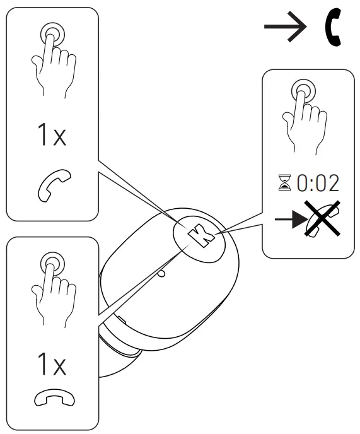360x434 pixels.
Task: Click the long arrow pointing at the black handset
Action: tap(285, 26)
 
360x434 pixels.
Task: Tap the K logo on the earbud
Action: tap(201, 235)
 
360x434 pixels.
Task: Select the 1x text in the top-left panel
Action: tap(52, 134)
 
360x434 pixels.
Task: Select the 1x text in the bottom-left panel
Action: tap(52, 364)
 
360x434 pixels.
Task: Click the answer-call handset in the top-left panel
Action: tap(54, 185)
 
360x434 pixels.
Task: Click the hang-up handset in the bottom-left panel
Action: tap(54, 398)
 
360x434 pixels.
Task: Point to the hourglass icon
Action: tap(285, 182)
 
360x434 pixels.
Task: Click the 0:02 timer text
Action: tap(318, 183)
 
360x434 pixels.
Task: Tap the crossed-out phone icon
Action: tap(322, 219)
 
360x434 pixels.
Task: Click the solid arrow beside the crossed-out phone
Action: tap(291, 220)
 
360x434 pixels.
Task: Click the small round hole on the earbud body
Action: tap(161, 274)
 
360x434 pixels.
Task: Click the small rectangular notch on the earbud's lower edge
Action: tap(121, 320)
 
